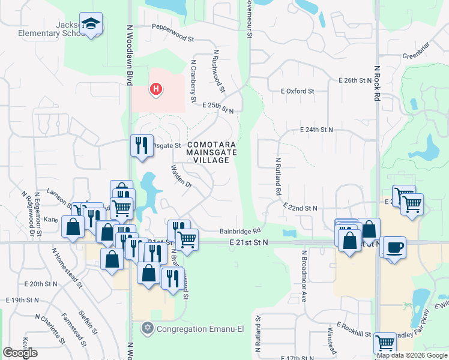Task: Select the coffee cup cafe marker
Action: [x=394, y=247]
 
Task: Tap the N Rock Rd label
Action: [x=377, y=84]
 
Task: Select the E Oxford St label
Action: [x=297, y=91]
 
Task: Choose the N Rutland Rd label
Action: [x=279, y=178]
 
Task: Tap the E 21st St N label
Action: [x=249, y=242]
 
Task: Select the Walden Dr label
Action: [x=181, y=177]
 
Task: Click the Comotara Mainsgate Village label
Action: [x=208, y=153]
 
